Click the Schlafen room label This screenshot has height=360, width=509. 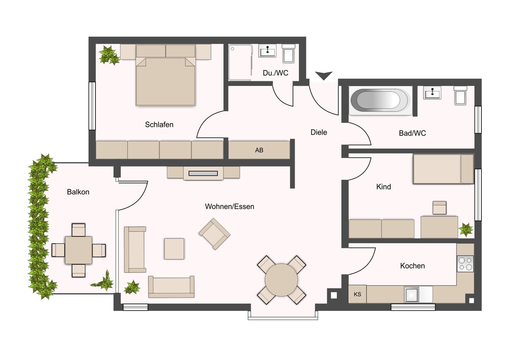[x=159, y=125]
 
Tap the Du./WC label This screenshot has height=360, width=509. [x=275, y=73]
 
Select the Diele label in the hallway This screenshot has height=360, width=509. [x=319, y=132]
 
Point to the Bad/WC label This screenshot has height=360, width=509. [x=412, y=133]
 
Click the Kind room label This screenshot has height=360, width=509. [x=383, y=187]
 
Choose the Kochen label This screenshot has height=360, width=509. [x=412, y=266]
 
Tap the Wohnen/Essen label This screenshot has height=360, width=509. [x=229, y=206]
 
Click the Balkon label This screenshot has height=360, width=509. [x=78, y=192]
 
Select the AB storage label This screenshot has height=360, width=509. [x=259, y=150]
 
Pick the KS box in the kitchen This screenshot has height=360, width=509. [x=357, y=294]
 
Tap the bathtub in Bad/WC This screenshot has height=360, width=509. [x=380, y=100]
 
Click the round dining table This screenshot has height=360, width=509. [x=281, y=280]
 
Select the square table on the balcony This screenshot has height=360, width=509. [x=78, y=250]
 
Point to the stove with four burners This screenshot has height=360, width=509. [x=466, y=264]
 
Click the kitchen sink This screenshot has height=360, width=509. [x=411, y=295]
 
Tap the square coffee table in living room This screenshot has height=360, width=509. [x=174, y=249]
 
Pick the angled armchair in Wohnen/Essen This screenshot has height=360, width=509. [x=214, y=234]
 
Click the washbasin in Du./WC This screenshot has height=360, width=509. [x=268, y=51]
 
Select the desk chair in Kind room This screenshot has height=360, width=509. [x=439, y=208]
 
